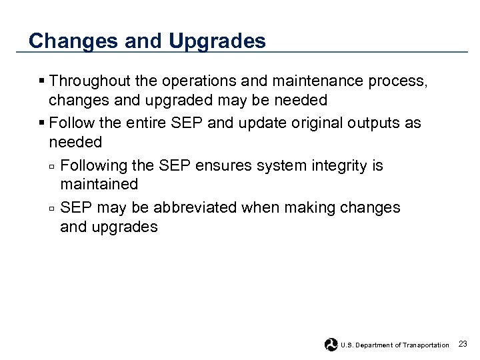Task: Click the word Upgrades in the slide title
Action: tap(217, 41)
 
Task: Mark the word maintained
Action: tap(99, 184)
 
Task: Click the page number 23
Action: tap(463, 343)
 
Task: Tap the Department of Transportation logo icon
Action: tap(331, 345)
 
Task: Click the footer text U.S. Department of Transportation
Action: tap(395, 345)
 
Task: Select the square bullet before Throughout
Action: tap(42, 81)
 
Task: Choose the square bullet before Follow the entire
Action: tap(42, 124)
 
